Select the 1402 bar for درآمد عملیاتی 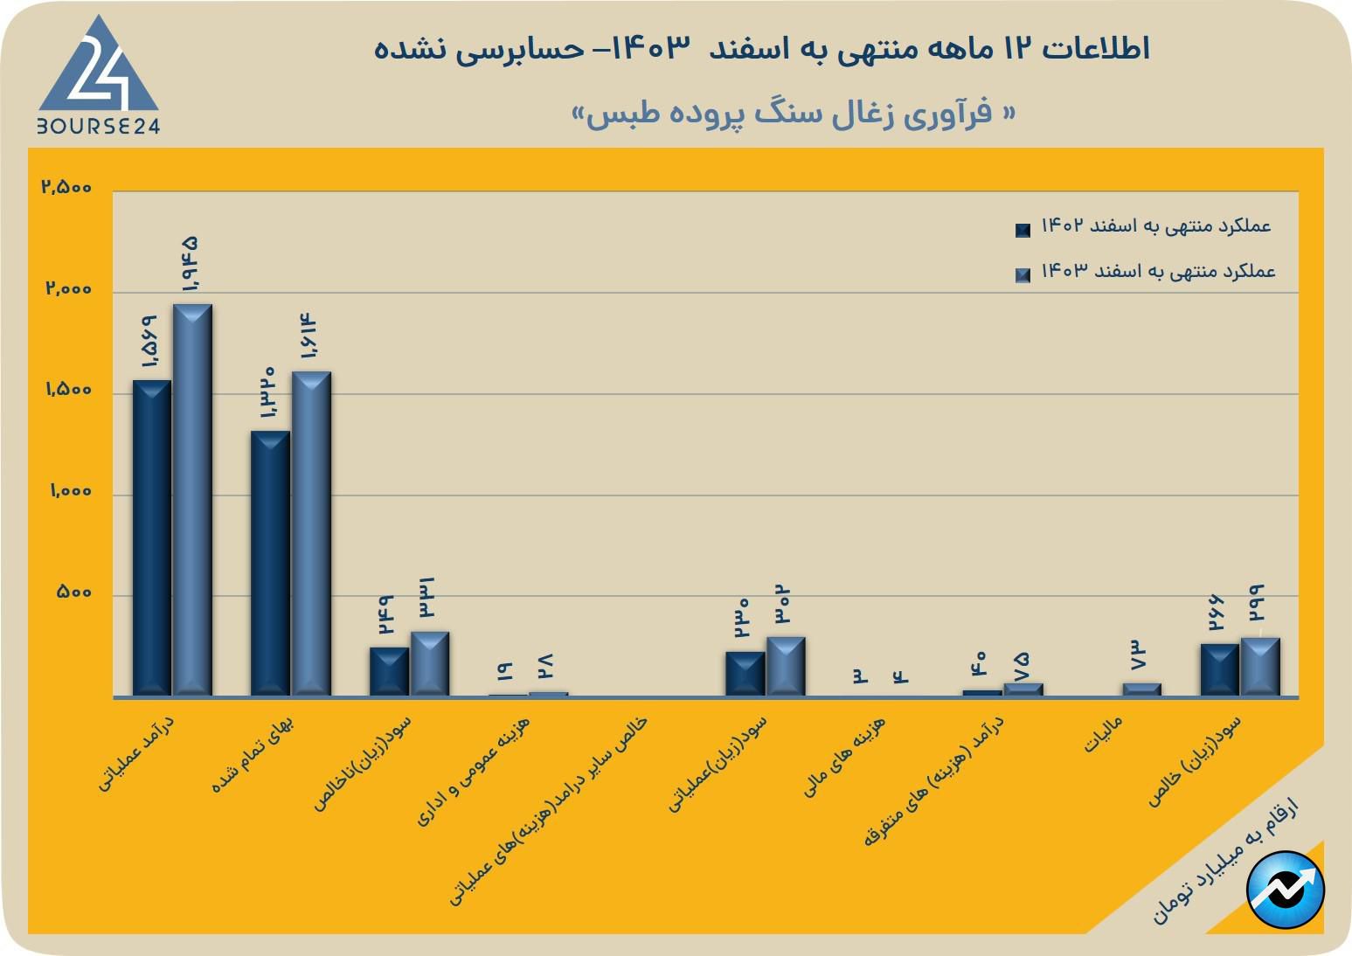click(x=152, y=537)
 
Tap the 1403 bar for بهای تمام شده click(x=311, y=533)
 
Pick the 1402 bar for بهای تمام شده click(x=270, y=564)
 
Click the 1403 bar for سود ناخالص click(x=430, y=663)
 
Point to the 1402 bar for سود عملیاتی click(x=745, y=674)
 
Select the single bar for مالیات click(x=1141, y=689)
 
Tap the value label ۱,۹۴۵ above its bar click(x=190, y=265)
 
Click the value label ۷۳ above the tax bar click(x=1138, y=655)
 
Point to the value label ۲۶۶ click(x=1217, y=613)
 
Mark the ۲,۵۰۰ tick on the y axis click(x=66, y=187)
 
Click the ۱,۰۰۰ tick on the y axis click(x=70, y=492)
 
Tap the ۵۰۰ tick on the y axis click(x=73, y=592)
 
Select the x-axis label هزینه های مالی click(x=844, y=757)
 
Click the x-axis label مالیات click(x=1103, y=735)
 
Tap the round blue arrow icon click(x=1286, y=890)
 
